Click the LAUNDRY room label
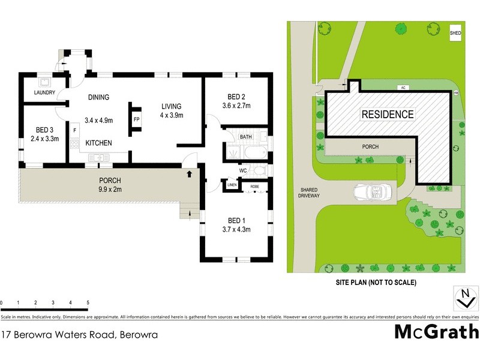pos(45,93)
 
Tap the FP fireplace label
pos(136,119)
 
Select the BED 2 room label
pos(236,97)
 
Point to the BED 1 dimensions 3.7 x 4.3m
pos(235,229)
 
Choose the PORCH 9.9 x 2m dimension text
pos(110,190)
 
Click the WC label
pos(244,170)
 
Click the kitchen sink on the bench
pos(97,157)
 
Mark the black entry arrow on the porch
pos(190,174)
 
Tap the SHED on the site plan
pos(456,32)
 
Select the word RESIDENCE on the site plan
pos(387,114)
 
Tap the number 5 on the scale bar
pos(88,302)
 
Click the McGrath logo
pos(436,331)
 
